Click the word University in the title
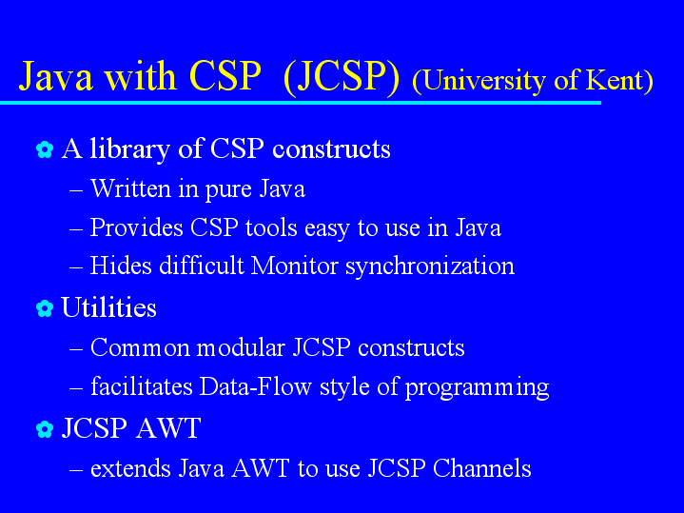(x=484, y=81)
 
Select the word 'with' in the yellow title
(x=140, y=76)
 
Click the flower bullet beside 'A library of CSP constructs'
(x=45, y=149)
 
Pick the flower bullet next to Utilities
(x=45, y=308)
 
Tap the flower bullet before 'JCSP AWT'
(x=45, y=429)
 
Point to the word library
(x=129, y=149)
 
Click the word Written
(x=130, y=188)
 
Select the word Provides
(x=136, y=227)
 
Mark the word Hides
(x=121, y=266)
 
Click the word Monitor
(x=295, y=266)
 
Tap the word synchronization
(x=430, y=266)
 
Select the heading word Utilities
(x=108, y=307)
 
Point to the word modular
(x=241, y=347)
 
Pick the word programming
(x=477, y=387)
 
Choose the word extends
(x=130, y=468)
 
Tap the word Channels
(x=482, y=468)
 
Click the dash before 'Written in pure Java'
(x=76, y=190)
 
